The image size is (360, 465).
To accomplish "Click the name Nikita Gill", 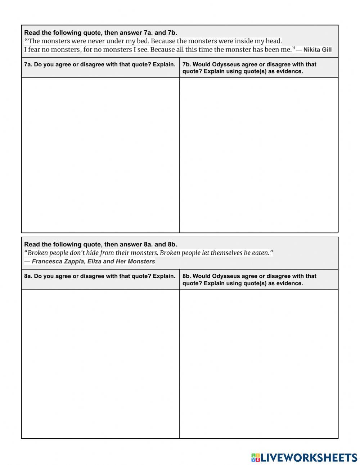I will click(x=317, y=50).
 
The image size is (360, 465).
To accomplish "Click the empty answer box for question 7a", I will click(x=100, y=155).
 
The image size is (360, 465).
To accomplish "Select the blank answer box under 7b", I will click(x=259, y=155).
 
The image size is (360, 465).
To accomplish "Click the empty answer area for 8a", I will click(x=100, y=364).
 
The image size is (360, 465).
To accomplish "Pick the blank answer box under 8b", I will click(x=259, y=364).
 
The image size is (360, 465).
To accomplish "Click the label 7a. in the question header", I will click(x=28, y=64).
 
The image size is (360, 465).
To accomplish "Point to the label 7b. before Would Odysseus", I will click(x=187, y=64).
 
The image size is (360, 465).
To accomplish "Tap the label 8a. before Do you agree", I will click(x=28, y=276).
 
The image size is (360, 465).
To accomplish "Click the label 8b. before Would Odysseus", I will click(x=187, y=276).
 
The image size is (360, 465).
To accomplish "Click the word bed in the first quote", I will click(x=143, y=41).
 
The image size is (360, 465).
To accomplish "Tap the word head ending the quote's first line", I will click(x=274, y=41).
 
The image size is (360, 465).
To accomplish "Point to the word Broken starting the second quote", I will click(x=38, y=253).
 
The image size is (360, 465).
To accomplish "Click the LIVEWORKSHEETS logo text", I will click(x=309, y=457).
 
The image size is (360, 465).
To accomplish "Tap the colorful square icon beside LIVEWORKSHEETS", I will click(x=255, y=457).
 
